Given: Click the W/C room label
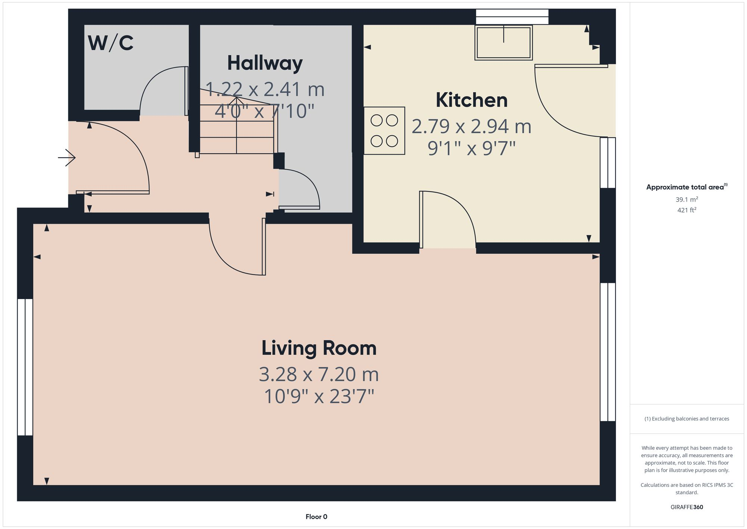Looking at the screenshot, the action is point(111,43).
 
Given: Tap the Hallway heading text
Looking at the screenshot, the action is point(265,63).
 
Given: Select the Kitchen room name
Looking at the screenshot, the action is point(472,100).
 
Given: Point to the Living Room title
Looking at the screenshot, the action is point(319,348).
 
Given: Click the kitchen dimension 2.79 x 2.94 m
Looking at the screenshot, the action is point(471,126).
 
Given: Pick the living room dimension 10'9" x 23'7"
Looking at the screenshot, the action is point(319,396).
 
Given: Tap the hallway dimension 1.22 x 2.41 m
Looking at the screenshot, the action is point(265,89).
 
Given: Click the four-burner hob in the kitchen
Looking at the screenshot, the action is point(384,131).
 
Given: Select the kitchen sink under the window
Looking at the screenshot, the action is point(503,42).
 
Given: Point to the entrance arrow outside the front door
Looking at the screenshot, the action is point(67,158).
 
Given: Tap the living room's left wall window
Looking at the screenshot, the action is point(25,367).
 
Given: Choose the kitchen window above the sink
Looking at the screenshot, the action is point(512,17).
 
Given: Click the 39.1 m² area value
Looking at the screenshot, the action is point(687,199).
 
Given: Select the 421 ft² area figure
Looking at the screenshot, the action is point(687,210).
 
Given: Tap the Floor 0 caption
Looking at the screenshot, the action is point(316,517).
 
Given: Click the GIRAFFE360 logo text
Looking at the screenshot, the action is point(687,507).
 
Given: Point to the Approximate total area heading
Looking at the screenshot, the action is point(687,187).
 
